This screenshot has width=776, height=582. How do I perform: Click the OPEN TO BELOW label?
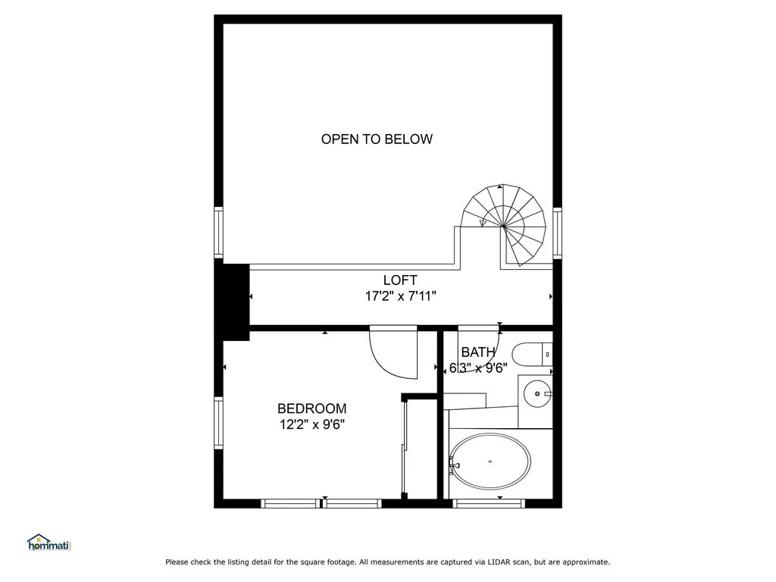point(377,139)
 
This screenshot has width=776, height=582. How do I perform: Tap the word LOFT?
point(400,280)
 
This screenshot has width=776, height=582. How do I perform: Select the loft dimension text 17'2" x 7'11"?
point(400,296)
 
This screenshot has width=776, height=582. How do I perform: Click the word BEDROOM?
point(311,408)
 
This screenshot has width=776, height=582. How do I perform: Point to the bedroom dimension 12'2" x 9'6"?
point(311,425)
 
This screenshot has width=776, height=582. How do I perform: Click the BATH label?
point(478,352)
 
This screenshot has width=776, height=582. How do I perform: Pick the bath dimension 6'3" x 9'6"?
point(478,369)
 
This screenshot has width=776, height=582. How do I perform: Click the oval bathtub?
point(490,461)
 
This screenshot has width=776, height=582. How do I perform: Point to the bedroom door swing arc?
point(393,353)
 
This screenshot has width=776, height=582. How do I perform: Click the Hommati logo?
point(48,543)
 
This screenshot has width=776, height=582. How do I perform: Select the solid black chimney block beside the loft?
point(233,302)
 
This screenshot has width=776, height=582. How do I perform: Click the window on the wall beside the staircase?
point(557,233)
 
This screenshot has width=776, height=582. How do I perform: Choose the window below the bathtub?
point(489,502)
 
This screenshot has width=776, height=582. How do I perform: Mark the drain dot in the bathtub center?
point(490,461)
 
